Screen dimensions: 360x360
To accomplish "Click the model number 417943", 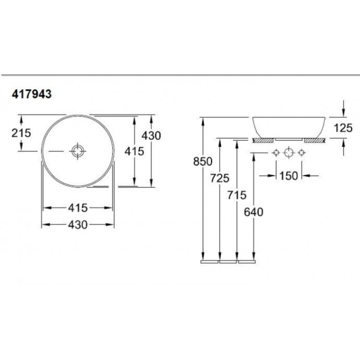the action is tap(31, 94).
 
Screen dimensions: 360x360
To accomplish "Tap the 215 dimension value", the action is tap(21, 133).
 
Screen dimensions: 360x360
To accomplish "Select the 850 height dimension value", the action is tap(203, 162).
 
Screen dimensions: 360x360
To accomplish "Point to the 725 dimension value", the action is tap(220, 178).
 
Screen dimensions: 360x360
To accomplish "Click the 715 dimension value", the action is tap(237, 195).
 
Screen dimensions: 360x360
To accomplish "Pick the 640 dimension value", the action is tap(253, 212).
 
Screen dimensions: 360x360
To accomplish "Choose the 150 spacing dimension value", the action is tap(288, 176).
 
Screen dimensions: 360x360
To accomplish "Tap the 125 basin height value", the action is tap(343, 128).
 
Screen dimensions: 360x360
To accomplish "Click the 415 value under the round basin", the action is tap(78, 208).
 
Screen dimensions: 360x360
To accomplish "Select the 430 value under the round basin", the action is tap(78, 225).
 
